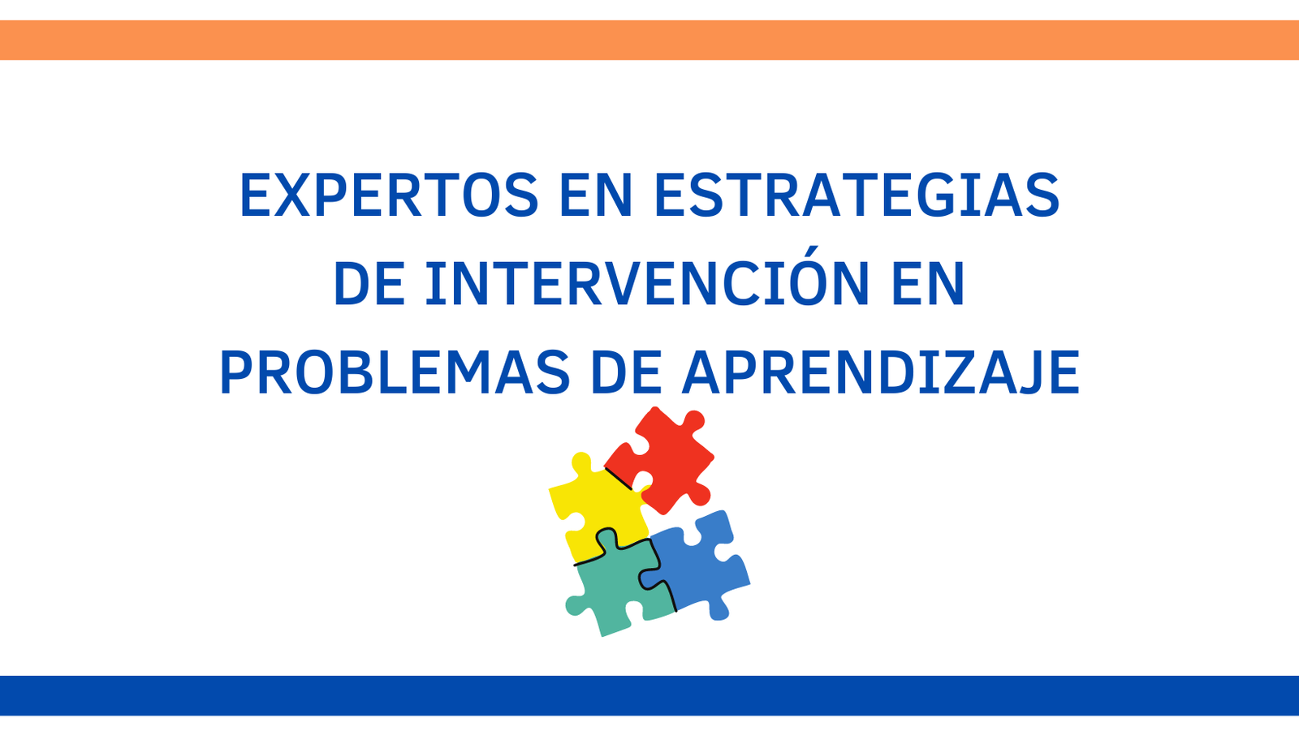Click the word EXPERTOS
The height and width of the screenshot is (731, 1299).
(x=389, y=195)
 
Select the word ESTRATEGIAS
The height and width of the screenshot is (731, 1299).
(x=857, y=195)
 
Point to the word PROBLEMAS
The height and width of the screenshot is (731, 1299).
(x=395, y=372)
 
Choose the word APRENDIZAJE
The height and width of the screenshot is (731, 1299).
(x=881, y=372)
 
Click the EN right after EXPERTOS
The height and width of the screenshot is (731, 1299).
(x=596, y=195)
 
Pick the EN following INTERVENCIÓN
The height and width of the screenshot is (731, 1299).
(x=929, y=283)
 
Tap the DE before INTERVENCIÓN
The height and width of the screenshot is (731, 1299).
(x=369, y=283)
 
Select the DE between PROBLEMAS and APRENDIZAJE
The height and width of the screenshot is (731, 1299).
(x=626, y=372)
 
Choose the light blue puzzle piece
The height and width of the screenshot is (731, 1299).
(x=699, y=565)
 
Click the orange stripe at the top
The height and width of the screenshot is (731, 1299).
(x=649, y=40)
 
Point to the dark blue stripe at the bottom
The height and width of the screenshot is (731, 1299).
(x=649, y=695)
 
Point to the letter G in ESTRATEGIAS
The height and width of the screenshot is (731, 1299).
(x=933, y=195)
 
